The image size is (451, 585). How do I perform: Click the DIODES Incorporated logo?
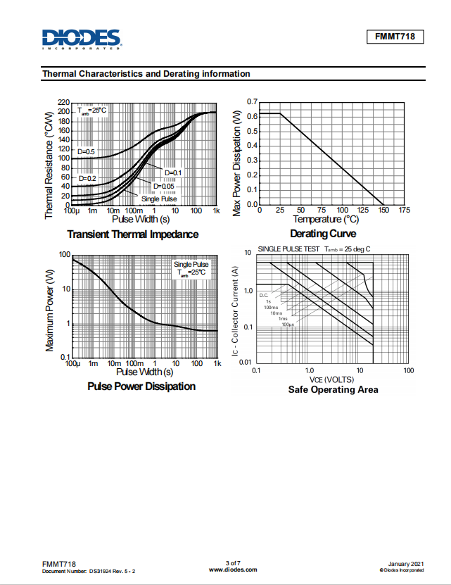81,39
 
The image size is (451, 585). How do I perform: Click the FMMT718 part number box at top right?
395,37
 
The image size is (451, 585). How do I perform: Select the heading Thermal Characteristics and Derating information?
146,74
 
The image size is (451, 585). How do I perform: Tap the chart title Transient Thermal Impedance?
132,234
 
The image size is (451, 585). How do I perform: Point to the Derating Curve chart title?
323,234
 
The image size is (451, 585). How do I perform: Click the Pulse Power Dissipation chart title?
141,386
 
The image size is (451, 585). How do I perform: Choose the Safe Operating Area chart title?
333,389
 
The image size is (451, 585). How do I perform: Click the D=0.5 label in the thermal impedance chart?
86,152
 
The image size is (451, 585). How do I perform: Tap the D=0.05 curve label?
164,186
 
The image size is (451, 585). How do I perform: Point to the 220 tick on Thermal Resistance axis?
64,103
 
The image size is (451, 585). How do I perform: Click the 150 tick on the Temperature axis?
383,210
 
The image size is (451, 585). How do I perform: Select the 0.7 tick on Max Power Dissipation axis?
252,103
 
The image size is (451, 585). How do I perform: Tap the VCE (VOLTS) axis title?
330,379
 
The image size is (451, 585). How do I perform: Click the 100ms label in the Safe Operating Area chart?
270,307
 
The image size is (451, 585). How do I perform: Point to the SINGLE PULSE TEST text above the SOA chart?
288,249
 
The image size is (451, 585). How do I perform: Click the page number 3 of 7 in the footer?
233,562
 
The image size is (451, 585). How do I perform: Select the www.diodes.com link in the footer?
233,569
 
